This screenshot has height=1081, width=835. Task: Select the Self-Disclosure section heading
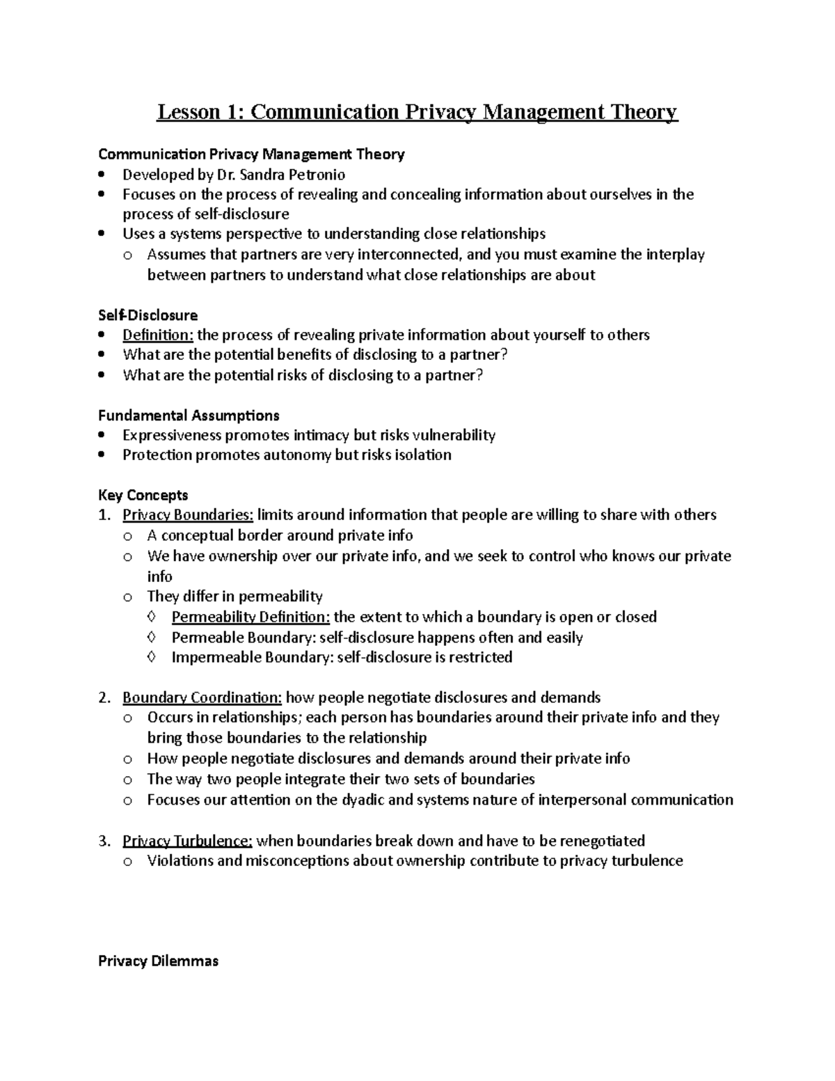pos(148,315)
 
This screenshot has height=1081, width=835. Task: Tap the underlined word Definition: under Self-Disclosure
pos(158,335)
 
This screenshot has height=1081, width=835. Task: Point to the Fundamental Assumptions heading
pos(189,416)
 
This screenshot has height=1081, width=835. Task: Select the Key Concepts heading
pos(143,495)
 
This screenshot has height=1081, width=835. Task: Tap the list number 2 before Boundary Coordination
pos(103,697)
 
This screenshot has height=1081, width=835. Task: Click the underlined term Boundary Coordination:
pos(202,697)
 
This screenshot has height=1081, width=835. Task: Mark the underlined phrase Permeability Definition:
pos(250,617)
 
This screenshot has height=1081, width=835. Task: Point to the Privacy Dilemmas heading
pos(158,961)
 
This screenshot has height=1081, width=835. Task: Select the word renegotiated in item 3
pos(602,840)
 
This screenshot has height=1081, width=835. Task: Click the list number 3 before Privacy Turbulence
pos(103,840)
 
